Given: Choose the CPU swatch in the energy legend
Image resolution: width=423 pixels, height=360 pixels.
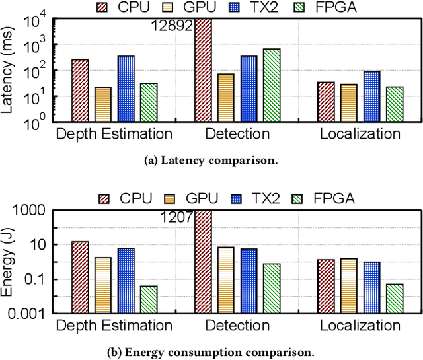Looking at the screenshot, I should [x=104, y=198].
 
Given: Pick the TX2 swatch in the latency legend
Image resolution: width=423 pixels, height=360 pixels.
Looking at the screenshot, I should [x=236, y=8].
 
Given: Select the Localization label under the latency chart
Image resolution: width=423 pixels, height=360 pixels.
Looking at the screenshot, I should [x=360, y=134].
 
